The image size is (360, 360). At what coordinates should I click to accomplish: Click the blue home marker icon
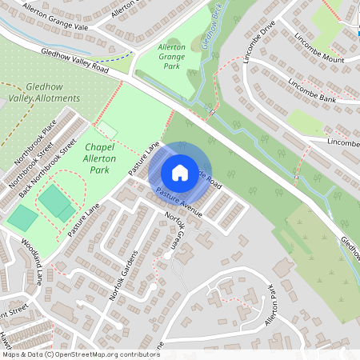[180, 172]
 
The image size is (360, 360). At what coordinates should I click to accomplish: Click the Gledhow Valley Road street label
[76, 60]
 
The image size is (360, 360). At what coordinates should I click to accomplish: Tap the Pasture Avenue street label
[179, 203]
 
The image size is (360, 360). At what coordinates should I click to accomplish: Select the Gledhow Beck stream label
[214, 28]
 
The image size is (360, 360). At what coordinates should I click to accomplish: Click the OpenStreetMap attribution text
[80, 354]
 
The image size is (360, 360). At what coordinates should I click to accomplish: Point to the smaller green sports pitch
[22, 217]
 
